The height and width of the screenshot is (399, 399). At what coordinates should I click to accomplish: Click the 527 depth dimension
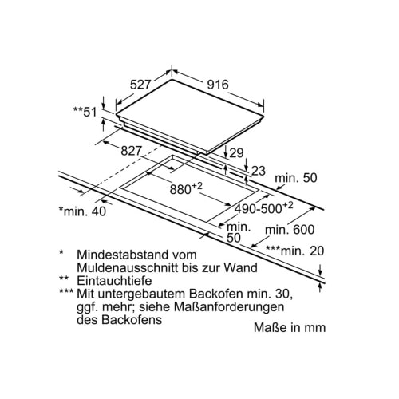point(140,85)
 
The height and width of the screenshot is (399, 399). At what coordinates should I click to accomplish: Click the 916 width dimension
point(218,85)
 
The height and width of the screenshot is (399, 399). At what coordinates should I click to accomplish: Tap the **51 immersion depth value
point(85,112)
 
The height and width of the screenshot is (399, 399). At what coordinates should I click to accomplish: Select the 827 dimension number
point(132,151)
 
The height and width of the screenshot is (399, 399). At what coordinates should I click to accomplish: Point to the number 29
point(236,153)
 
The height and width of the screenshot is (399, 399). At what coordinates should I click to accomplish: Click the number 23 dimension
point(259,171)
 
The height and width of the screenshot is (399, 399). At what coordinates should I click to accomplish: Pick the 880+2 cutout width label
point(186,188)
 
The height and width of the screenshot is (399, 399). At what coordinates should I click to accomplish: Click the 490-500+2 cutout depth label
point(263,207)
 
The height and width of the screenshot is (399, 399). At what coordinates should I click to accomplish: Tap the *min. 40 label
point(82,211)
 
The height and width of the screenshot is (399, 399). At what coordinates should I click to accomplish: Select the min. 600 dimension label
point(290,229)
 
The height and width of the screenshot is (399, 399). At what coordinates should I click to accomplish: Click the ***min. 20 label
point(295,251)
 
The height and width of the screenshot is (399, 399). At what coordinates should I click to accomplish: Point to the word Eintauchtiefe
point(114,281)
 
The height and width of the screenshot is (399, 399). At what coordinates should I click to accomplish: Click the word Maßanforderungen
point(229,307)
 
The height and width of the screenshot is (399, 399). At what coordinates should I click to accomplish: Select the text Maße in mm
point(290,327)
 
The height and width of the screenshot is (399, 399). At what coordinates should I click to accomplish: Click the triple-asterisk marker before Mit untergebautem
point(66,292)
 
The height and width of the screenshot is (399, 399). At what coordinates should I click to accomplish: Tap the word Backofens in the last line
point(120,320)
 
